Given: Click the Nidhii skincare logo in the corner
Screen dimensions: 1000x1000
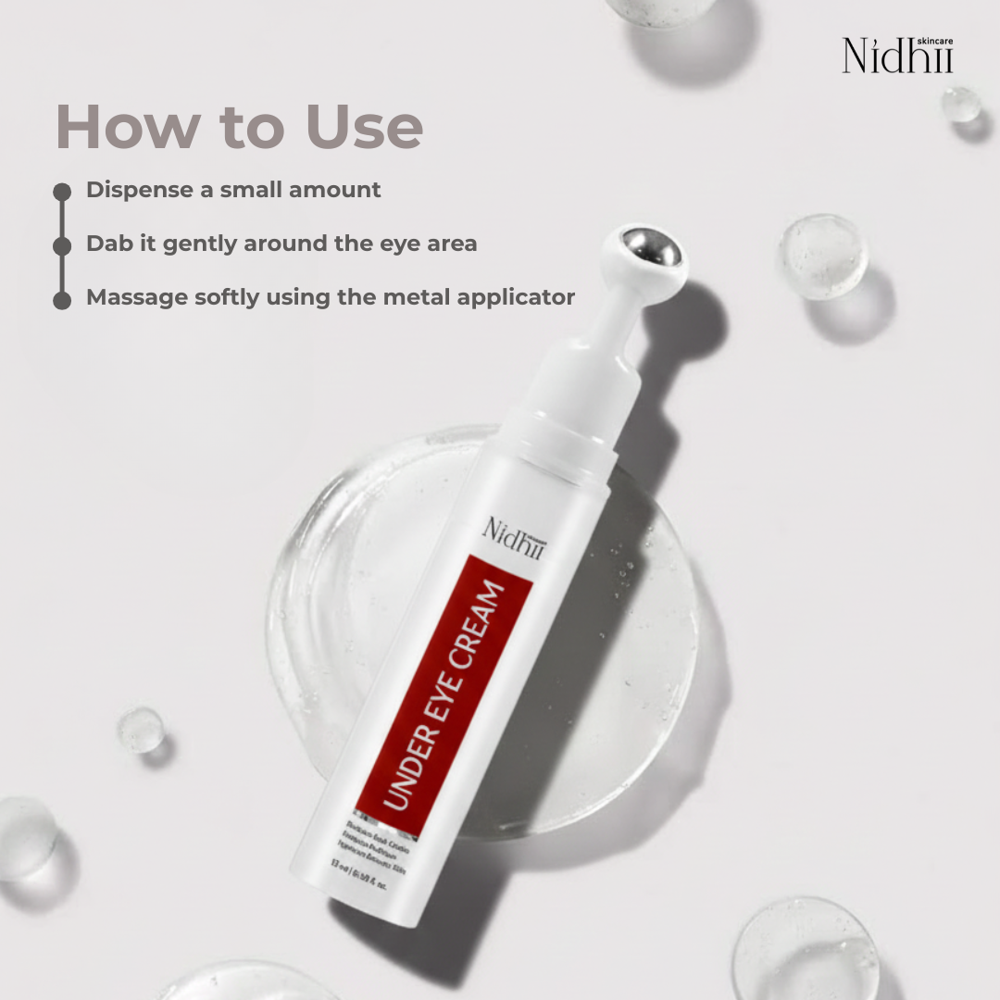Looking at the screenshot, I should [896, 55].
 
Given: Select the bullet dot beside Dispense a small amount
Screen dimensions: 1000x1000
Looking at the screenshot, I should [62, 191].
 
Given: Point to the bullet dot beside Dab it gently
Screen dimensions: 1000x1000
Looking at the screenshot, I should [62, 245].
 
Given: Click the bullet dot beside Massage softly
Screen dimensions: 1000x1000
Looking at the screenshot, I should [62, 299].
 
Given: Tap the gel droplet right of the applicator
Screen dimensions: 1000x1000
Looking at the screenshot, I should [822, 256].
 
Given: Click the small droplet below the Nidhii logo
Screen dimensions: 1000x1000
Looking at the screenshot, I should [961, 105].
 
